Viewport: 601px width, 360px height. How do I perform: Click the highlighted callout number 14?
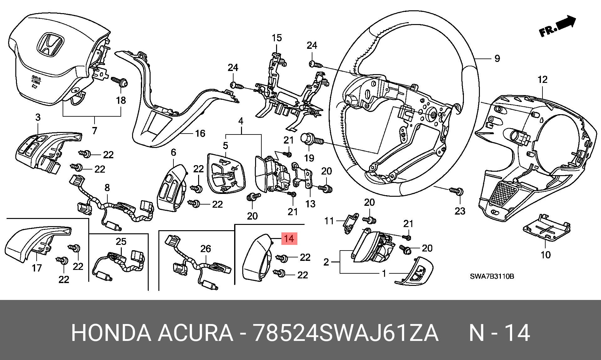click(x=289, y=239)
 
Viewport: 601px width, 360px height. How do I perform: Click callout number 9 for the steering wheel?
click(x=497, y=58)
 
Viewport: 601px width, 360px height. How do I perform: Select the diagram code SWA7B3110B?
click(x=492, y=276)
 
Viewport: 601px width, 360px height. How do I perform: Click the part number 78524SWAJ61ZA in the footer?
click(x=346, y=333)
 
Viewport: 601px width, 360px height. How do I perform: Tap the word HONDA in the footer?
click(x=111, y=333)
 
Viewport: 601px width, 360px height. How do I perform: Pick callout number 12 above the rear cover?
click(x=542, y=79)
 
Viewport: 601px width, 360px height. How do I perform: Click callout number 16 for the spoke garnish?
click(x=200, y=134)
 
